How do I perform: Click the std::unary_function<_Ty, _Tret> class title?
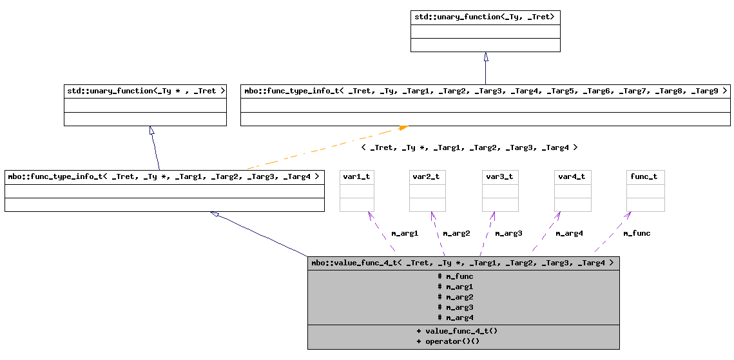coord(485,17)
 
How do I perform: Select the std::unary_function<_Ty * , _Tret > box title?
coord(145,91)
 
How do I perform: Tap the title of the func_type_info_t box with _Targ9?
coord(485,91)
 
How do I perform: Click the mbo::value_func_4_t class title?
coord(463,263)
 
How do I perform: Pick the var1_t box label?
coord(357,176)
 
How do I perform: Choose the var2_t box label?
coord(427,176)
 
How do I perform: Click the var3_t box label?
coord(500,176)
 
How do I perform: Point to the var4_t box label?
coord(572,176)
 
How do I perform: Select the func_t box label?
coord(645,176)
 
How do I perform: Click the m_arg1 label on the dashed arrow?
coord(405,233)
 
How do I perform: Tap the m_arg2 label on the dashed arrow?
coord(456,233)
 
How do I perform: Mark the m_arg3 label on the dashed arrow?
coord(508,233)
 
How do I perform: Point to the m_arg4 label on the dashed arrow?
coord(569,233)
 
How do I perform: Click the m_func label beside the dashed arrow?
coord(637,233)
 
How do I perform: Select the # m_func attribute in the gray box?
coord(456,276)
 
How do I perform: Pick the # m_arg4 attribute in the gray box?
coord(456,317)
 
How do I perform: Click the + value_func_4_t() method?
coord(457,330)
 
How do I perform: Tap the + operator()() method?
coord(448,341)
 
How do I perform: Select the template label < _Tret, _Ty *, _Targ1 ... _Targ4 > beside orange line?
coord(469,147)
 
